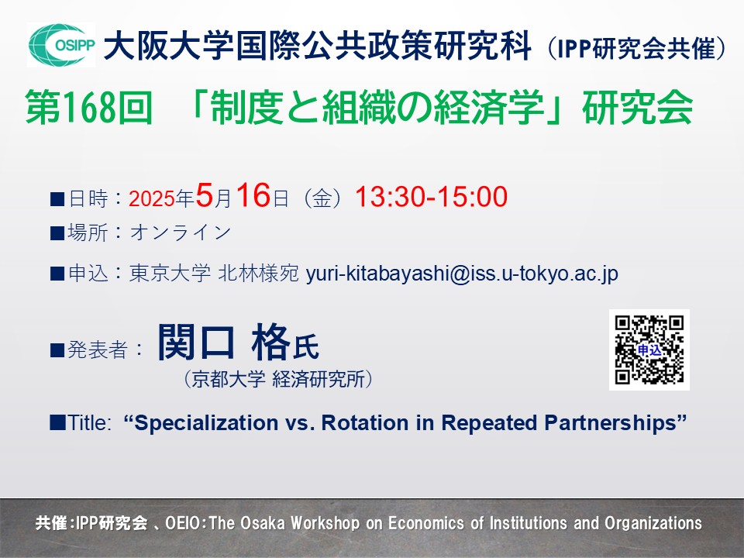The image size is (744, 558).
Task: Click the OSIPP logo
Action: tap(61, 45)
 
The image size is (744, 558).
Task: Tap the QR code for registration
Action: tap(649, 350)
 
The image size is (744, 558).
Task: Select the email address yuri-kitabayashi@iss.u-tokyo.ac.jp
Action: tap(462, 274)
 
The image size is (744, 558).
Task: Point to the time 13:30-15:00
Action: tap(431, 196)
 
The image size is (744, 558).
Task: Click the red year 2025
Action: tap(151, 199)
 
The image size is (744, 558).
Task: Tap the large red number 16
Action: tap(254, 195)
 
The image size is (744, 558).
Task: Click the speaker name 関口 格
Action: tap(223, 342)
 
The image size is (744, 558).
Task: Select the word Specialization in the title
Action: tap(206, 423)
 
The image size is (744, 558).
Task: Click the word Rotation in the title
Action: tap(365, 423)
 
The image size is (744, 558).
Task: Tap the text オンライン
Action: tap(181, 232)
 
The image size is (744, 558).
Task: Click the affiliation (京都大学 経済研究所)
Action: tap(278, 379)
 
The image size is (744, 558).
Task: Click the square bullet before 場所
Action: tap(57, 233)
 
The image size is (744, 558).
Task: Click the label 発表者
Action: tap(98, 350)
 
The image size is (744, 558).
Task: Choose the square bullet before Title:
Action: tap(57, 423)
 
